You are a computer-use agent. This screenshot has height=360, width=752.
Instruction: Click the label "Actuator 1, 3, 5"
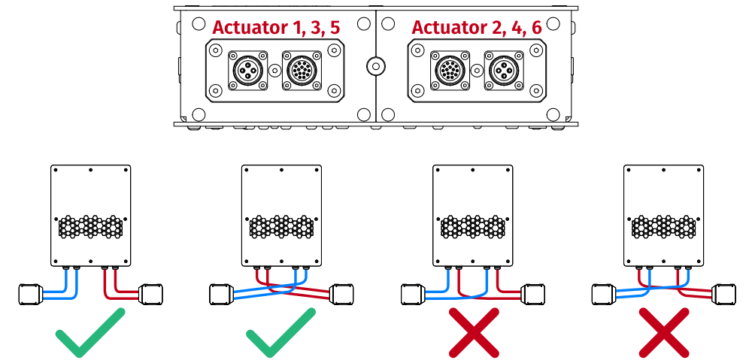click(275, 27)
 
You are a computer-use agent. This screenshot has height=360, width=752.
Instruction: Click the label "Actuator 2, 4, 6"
click(476, 27)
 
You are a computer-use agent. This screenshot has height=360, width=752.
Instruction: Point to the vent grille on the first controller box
click(90, 225)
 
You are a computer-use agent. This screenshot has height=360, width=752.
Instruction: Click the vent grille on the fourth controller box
click(664, 225)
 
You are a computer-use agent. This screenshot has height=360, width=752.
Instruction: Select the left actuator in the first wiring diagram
click(30, 294)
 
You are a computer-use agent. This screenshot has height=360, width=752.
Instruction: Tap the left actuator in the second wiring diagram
click(221, 294)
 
